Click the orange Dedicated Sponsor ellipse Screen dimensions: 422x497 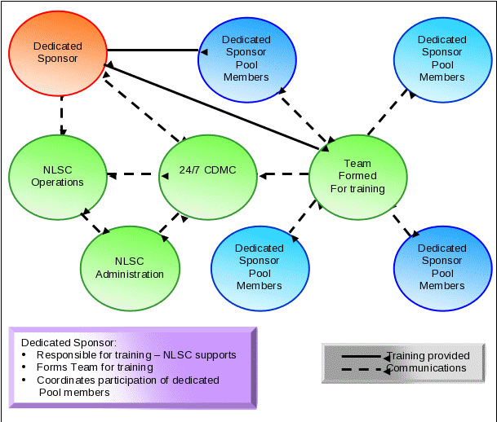tap(57, 54)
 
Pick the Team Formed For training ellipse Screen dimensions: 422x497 tap(357, 176)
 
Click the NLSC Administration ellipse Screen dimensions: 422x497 tap(130, 267)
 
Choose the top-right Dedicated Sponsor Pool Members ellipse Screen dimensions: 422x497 tap(442, 58)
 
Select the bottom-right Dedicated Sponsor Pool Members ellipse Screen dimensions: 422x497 tap(442, 267)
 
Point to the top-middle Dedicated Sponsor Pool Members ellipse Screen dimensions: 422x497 tap(246, 58)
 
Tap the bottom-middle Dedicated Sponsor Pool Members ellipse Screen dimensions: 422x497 tap(260, 267)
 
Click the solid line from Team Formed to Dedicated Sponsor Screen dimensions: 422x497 tap(212, 107)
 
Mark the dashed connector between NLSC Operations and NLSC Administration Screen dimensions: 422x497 tap(95, 225)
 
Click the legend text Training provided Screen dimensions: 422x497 tap(428, 356)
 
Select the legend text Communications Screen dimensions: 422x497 tap(426, 368)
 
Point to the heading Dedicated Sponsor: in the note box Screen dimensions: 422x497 tap(69, 343)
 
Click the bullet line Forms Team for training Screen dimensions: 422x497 tap(95, 367)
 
